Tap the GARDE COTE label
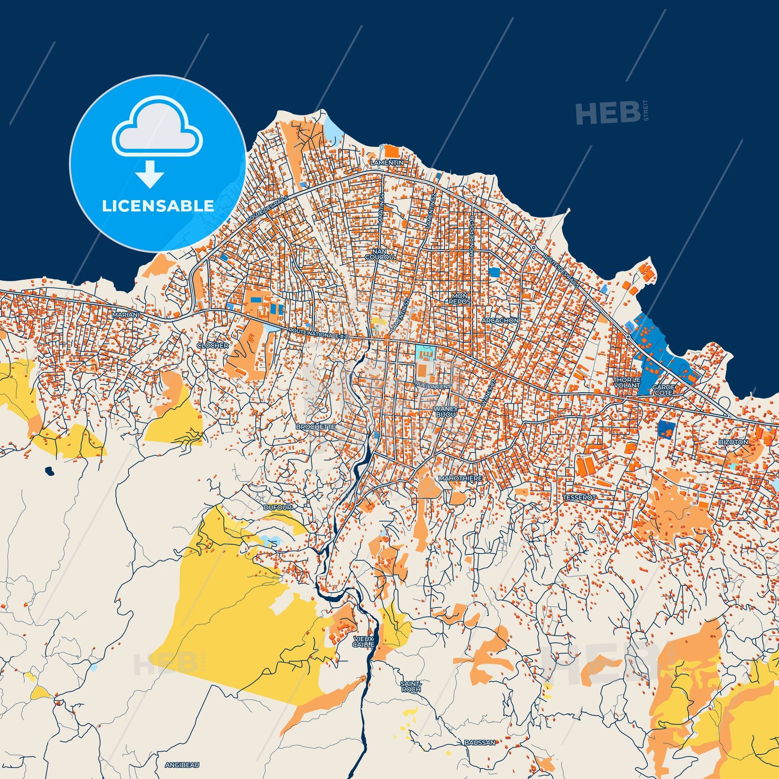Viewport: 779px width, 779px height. coord(663,389)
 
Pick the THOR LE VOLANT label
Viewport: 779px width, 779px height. coord(626,382)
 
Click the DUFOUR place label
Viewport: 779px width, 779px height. coord(277,507)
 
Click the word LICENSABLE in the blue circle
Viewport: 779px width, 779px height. coord(158,206)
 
